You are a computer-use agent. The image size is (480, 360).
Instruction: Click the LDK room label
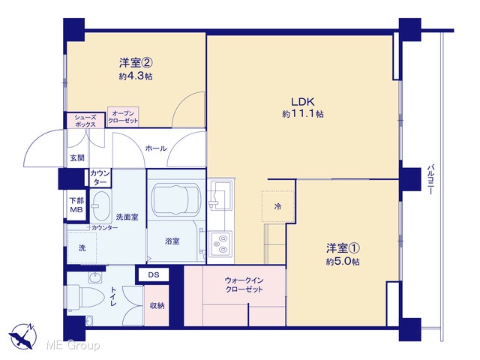(x=302, y=102)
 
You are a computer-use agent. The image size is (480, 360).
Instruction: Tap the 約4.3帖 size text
(x=136, y=76)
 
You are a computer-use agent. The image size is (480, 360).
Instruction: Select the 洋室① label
(x=343, y=248)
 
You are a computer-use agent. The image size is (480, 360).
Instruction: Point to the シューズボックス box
(x=85, y=121)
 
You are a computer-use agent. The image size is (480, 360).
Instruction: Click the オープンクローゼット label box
(x=123, y=117)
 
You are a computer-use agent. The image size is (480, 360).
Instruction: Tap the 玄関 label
(x=76, y=158)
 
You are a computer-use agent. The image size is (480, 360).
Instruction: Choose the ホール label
(x=156, y=148)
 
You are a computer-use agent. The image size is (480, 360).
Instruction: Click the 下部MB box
(x=76, y=205)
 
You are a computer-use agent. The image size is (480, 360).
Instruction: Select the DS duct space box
(x=154, y=274)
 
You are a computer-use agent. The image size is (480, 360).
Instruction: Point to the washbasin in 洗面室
(x=102, y=207)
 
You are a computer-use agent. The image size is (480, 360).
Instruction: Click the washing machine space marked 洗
(x=82, y=247)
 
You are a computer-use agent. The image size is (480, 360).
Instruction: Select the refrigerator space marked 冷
(x=278, y=206)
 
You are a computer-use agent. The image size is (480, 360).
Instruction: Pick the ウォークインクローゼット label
(x=244, y=285)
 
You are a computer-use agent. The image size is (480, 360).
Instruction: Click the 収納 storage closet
(x=157, y=305)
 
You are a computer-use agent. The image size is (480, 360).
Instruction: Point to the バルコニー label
(x=431, y=180)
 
